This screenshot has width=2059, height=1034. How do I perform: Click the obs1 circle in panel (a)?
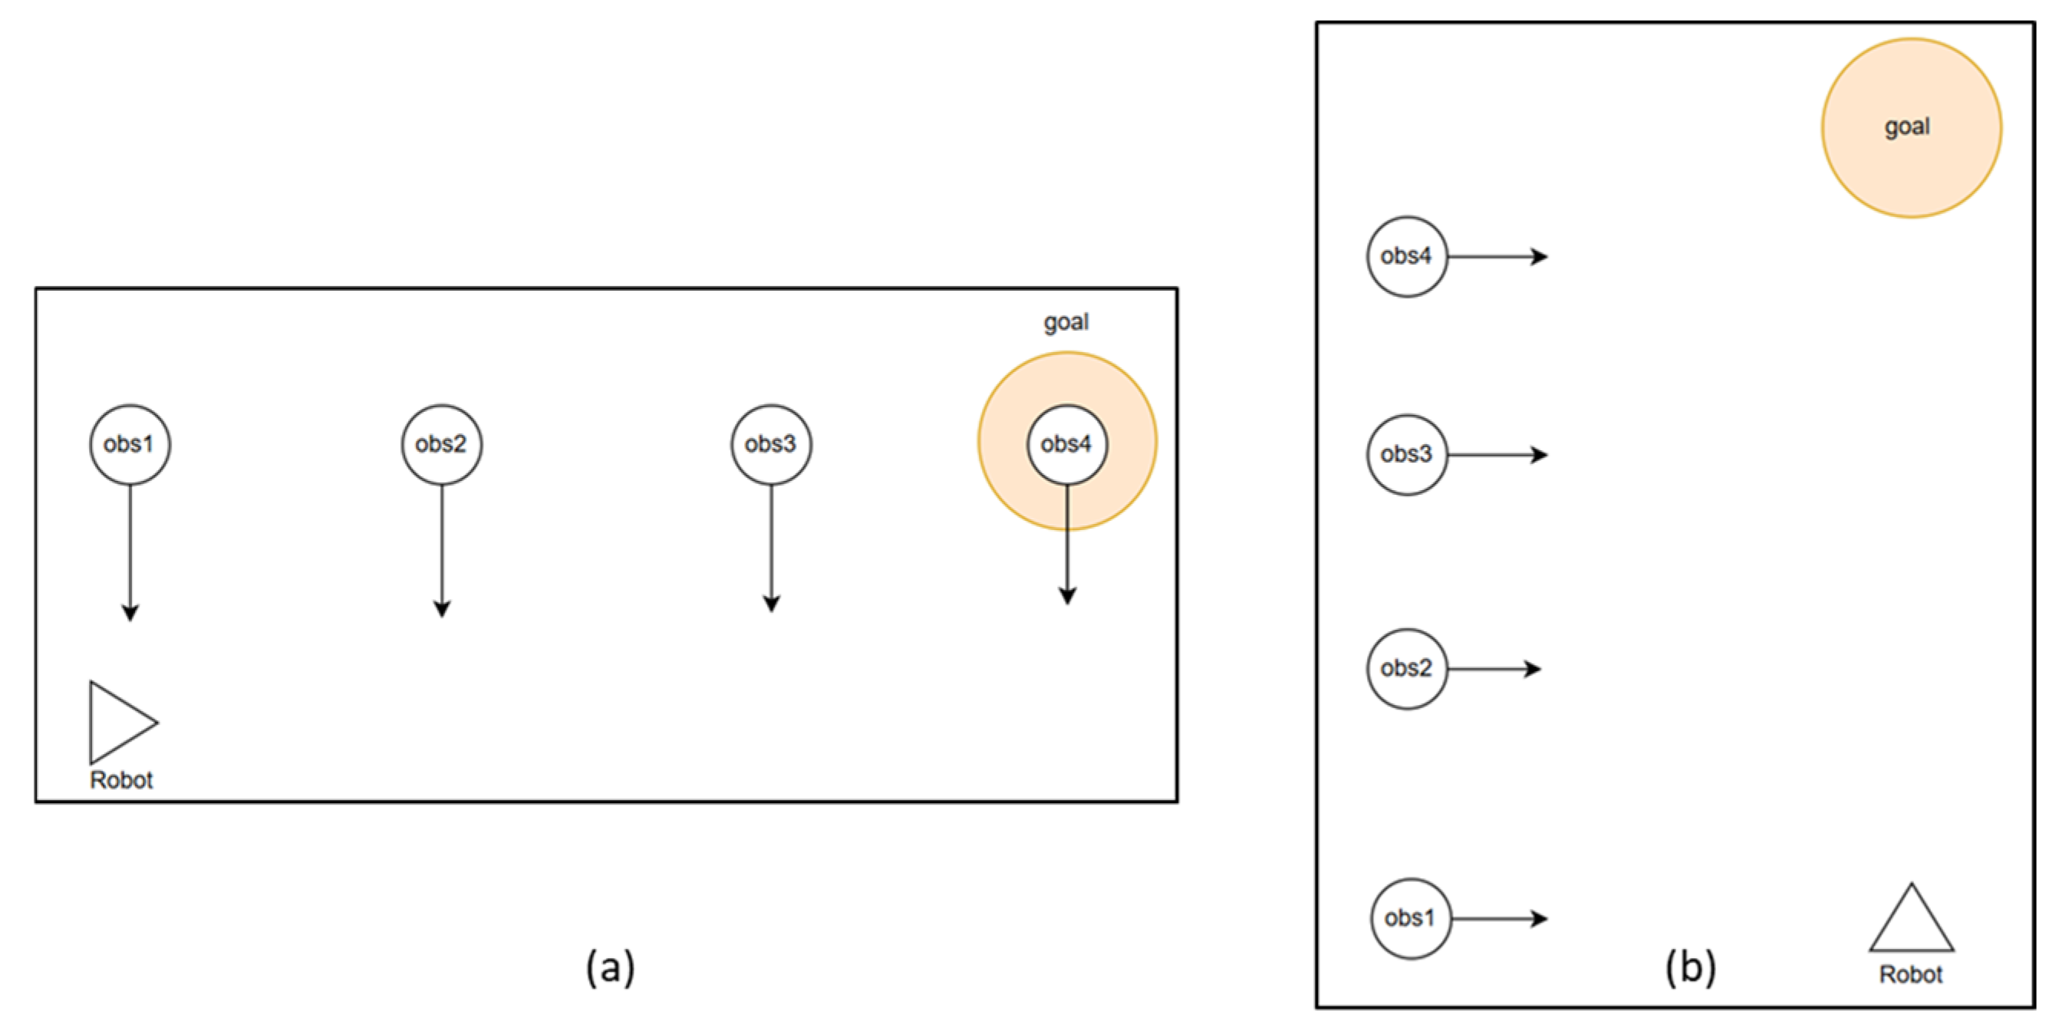click(x=130, y=444)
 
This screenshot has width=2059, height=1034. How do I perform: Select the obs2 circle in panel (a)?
click(x=441, y=444)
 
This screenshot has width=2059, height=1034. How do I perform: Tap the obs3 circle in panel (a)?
click(x=771, y=444)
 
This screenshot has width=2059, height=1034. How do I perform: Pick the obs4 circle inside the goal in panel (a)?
click(x=1067, y=444)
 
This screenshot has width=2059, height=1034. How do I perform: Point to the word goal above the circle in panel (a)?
click(x=1066, y=322)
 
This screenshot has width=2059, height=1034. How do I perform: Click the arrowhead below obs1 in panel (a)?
click(x=130, y=612)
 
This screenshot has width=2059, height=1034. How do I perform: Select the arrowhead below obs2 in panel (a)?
click(x=442, y=608)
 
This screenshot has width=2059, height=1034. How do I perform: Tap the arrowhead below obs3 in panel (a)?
click(x=771, y=604)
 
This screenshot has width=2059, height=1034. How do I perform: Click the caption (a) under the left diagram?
click(x=611, y=966)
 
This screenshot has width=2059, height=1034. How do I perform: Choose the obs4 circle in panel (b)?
click(x=1407, y=256)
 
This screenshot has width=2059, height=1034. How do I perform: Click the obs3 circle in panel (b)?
click(x=1407, y=455)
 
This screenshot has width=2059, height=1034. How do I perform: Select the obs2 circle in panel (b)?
click(x=1407, y=669)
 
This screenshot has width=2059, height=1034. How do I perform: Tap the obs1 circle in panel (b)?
click(x=1411, y=919)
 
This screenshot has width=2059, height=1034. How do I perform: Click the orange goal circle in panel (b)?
click(x=1911, y=128)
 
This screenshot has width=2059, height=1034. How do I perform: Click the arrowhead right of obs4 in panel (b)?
click(x=1540, y=256)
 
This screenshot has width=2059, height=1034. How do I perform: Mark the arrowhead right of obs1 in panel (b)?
click(x=1540, y=919)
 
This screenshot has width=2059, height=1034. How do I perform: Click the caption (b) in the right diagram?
click(x=1692, y=966)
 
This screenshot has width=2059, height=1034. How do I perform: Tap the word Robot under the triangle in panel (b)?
click(x=1910, y=975)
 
